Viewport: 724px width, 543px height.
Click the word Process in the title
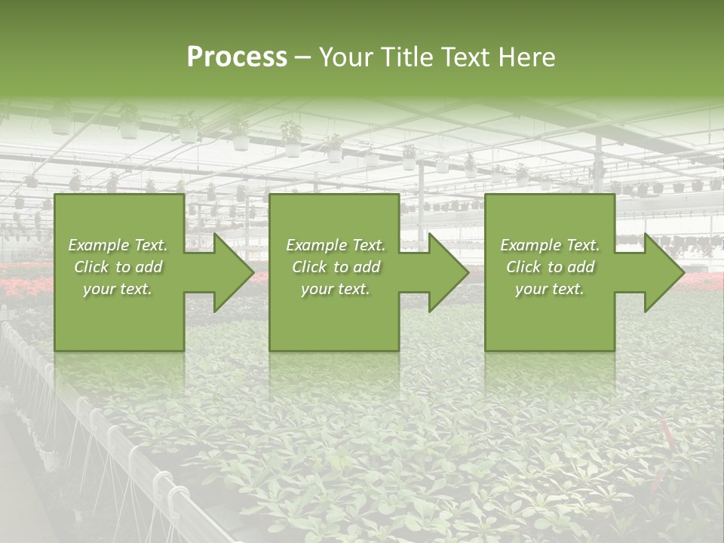[237, 57]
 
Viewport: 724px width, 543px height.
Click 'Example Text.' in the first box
[118, 245]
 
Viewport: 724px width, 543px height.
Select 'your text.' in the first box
[118, 289]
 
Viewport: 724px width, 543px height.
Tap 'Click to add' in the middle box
[336, 267]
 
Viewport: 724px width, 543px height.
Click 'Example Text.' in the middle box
[336, 245]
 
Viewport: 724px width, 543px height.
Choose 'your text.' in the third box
[550, 289]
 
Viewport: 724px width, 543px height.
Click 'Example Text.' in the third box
[550, 245]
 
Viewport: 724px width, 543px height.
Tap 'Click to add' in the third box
[550, 267]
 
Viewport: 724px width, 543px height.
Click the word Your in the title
[345, 57]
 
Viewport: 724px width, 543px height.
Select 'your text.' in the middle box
[336, 289]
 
